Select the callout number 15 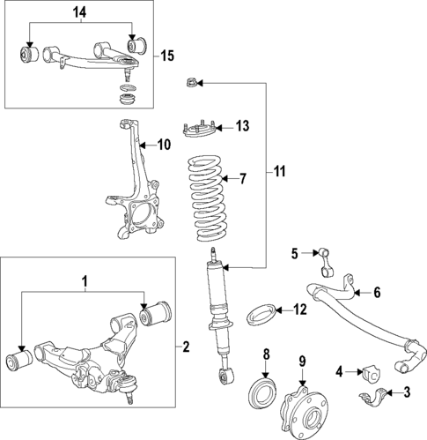(167, 56)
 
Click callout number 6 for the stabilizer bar (377, 293)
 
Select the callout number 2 (186, 347)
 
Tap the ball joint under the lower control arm (129, 390)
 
